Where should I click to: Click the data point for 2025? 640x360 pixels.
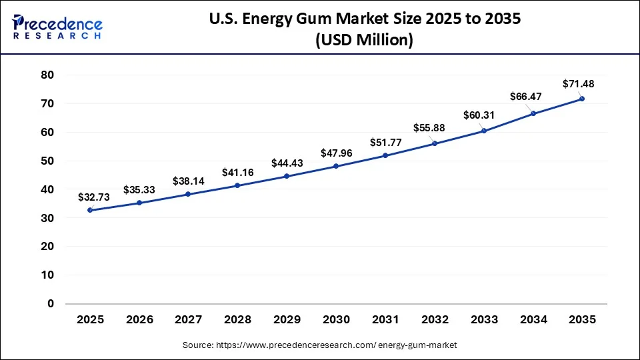coord(90,210)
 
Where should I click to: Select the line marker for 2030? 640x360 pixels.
coord(336,166)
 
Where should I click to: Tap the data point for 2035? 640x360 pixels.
coord(582,99)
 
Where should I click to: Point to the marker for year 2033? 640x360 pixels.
coord(484,131)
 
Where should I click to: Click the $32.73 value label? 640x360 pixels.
coord(93,197)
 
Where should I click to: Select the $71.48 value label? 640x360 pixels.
coord(578,84)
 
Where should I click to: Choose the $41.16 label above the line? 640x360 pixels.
coord(237,172)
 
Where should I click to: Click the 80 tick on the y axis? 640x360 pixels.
coord(47,75)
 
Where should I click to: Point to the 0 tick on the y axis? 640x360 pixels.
coord(50,304)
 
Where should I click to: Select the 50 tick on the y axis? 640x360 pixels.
coord(47,161)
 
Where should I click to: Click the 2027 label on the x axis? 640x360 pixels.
coord(188,320)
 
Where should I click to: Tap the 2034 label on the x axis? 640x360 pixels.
coord(533,320)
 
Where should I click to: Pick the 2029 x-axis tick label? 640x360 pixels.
coord(287,320)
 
